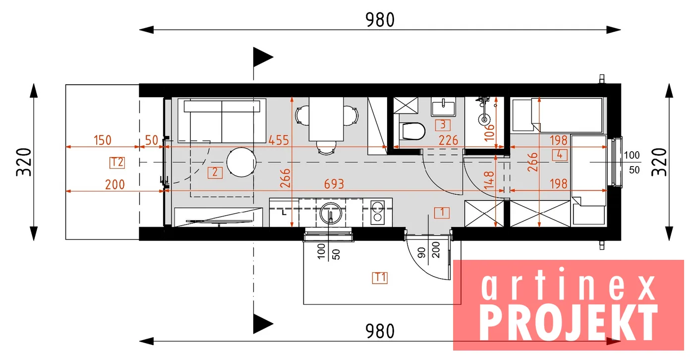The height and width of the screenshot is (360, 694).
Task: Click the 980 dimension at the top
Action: click(380, 20)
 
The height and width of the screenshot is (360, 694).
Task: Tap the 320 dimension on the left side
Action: click(24, 162)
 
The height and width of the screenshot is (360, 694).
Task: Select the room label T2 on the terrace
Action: click(117, 163)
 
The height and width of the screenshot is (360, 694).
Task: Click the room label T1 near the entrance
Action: click(380, 278)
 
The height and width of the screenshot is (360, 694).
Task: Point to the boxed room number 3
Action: click(443, 125)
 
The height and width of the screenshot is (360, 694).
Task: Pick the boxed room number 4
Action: click(560, 155)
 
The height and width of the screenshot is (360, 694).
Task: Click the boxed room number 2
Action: click(215, 173)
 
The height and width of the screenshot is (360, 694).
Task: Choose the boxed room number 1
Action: click(442, 213)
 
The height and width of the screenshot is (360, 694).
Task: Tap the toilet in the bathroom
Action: click(412, 131)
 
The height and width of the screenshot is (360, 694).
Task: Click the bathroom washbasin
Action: click(443, 107)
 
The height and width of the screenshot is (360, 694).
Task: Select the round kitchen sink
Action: click(331, 213)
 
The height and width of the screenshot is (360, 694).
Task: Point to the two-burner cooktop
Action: click(378, 212)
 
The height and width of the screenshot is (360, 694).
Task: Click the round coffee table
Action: click(241, 162)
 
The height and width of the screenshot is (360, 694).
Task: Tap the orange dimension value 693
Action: click(334, 184)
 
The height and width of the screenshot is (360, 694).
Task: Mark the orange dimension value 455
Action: click(279, 140)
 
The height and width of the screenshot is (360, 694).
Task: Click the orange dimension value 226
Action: click(448, 140)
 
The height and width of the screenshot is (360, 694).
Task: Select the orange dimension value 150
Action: click(103, 140)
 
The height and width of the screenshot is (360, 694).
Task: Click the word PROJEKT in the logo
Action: click(569, 322)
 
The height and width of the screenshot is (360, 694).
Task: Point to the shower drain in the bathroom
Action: click(484, 119)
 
